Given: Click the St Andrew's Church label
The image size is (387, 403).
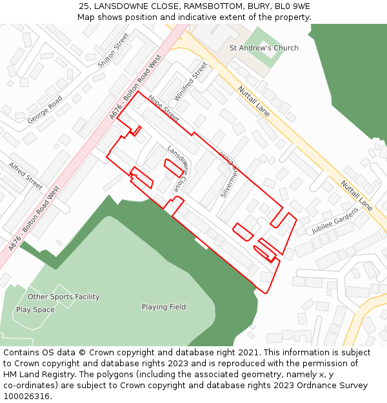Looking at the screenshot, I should (x=264, y=48).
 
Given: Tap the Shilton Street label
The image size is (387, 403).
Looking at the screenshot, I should (x=114, y=51).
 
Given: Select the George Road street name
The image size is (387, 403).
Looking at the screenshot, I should (x=45, y=109).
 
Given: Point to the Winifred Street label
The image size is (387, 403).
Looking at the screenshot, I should (x=190, y=81).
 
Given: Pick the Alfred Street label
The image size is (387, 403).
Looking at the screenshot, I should (x=26, y=175).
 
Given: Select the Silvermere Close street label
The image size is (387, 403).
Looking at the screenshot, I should (x=229, y=174).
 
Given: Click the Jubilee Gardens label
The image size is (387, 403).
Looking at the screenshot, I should (x=335, y=221).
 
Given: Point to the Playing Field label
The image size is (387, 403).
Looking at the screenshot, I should (x=164, y=307).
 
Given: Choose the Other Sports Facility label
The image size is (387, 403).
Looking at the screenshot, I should (x=63, y=297).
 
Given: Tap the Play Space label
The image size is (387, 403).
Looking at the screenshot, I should (x=35, y=310).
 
